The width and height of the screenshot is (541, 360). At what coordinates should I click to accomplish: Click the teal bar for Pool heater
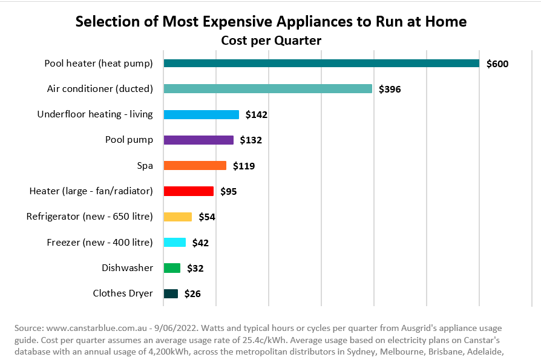tap(321, 63)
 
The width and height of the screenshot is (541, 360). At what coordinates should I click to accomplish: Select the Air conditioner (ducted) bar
tap(267, 88)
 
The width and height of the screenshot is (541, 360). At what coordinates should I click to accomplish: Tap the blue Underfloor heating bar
tap(201, 114)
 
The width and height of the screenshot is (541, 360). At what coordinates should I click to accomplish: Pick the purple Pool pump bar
tap(198, 140)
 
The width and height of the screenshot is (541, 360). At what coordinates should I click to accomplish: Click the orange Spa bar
tap(195, 165)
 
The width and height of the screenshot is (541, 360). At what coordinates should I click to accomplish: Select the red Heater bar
tap(188, 191)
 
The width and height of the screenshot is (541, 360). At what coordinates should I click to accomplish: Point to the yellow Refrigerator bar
tap(177, 217)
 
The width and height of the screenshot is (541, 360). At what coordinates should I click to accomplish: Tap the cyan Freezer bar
tap(174, 242)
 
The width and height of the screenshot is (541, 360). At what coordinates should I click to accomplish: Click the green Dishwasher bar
tap(172, 268)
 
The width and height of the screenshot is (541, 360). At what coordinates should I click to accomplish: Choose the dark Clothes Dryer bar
tap(171, 293)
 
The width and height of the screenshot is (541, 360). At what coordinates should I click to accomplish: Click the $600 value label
tap(497, 64)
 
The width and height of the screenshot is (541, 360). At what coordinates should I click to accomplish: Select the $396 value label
tap(390, 89)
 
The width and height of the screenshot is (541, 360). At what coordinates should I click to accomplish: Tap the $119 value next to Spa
tap(244, 166)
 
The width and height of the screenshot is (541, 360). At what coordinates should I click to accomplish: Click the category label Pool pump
tap(129, 140)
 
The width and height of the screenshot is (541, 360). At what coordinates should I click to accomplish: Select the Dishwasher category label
tap(127, 268)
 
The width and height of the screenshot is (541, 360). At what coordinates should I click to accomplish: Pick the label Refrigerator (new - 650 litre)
tap(90, 217)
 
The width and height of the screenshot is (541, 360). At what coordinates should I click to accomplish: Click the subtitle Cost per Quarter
tap(270, 41)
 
